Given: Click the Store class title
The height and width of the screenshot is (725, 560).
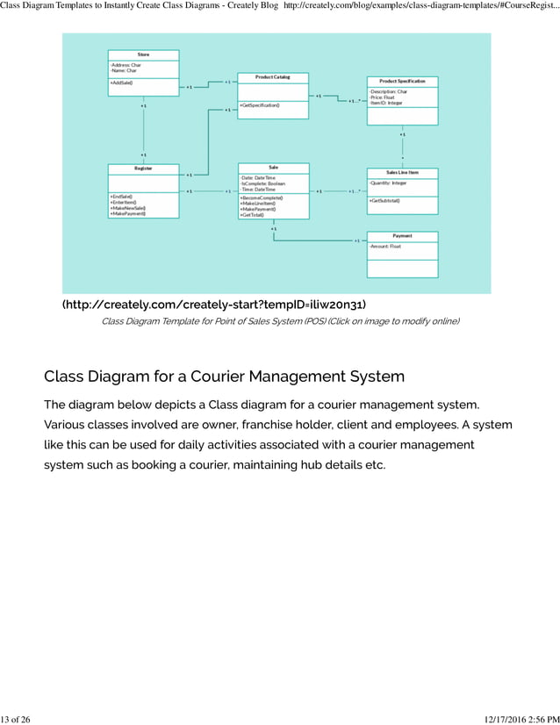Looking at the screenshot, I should pyautogui.click(x=143, y=54).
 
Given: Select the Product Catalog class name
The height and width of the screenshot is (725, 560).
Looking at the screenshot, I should pyautogui.click(x=272, y=77).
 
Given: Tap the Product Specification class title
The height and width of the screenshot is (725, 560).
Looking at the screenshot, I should pyautogui.click(x=402, y=81).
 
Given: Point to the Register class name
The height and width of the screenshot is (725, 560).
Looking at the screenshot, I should pyautogui.click(x=143, y=168).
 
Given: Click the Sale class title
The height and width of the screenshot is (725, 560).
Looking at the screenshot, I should pyautogui.click(x=273, y=167).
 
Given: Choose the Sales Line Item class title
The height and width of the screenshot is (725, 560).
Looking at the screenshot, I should pyautogui.click(x=402, y=172).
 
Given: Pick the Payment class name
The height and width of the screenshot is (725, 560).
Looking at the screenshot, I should pyautogui.click(x=402, y=236).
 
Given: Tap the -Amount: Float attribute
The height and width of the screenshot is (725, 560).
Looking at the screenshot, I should pyautogui.click(x=385, y=247).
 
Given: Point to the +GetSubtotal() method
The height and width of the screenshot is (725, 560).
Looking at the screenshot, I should pyautogui.click(x=385, y=201).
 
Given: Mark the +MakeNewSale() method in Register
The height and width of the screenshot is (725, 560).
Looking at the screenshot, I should pyautogui.click(x=128, y=207).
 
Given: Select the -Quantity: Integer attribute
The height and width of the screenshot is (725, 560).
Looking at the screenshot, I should pyautogui.click(x=388, y=183).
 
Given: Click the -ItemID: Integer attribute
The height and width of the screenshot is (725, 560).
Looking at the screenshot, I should pyautogui.click(x=386, y=103).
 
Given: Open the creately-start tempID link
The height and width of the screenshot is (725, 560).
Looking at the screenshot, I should pyautogui.click(x=214, y=305).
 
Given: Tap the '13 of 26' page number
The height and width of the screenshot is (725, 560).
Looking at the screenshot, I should pyautogui.click(x=15, y=719).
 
